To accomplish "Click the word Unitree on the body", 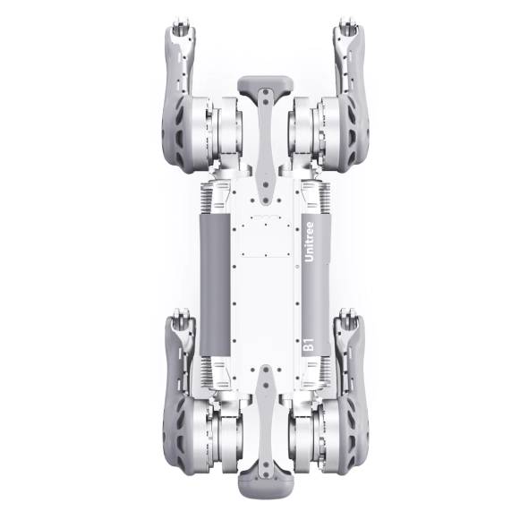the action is coord(309,242).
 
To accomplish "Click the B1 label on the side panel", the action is coord(309,345).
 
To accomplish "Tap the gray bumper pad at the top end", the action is coord(266,84).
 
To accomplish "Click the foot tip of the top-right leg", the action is coord(349,26).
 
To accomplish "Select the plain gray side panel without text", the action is coord(215,285).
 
